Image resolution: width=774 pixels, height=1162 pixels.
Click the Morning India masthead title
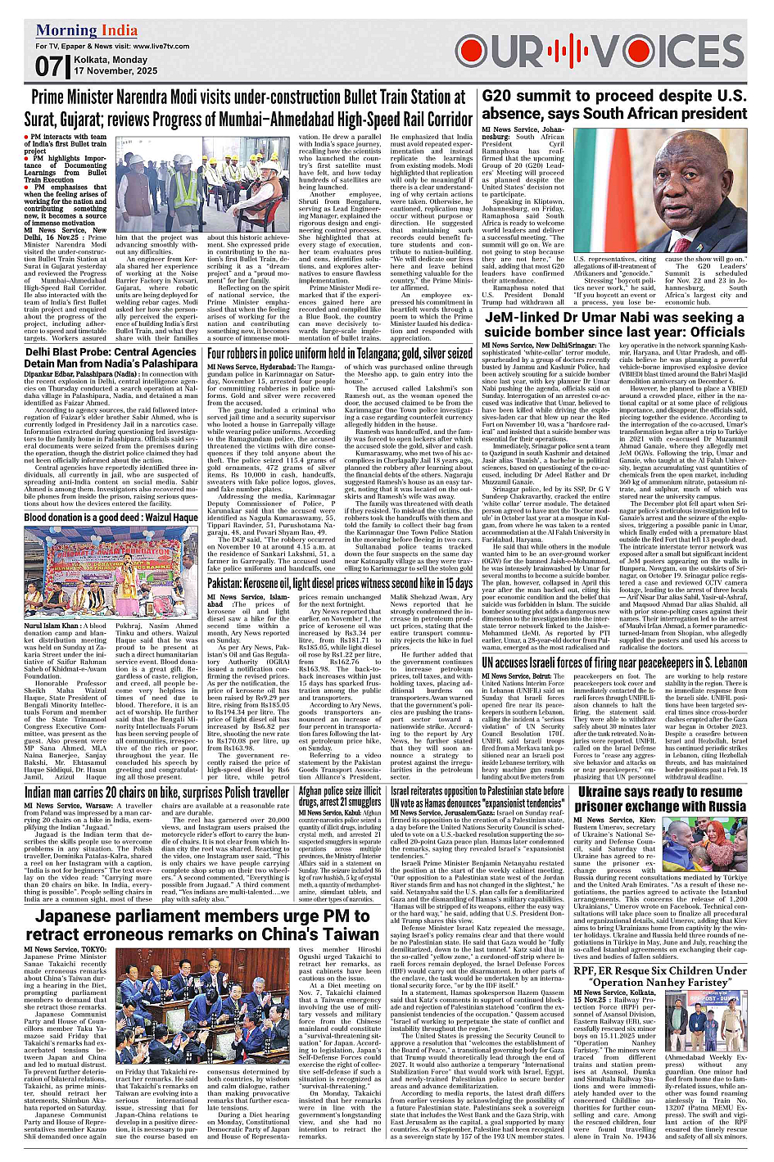pos(87,31)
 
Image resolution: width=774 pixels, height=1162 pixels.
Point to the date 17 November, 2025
pos(115,71)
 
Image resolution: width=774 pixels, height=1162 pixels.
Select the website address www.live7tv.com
pos(162,47)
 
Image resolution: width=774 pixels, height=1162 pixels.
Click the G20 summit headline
pos(614,105)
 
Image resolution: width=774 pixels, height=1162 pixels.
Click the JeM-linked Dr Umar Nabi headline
pos(614,324)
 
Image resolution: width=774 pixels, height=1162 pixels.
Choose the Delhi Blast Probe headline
pos(111,357)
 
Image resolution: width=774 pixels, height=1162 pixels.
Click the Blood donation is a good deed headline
pos(111,518)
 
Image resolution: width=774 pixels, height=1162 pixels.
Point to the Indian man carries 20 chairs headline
pos(156,793)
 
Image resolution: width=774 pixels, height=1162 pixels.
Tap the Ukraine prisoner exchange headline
pos(660,799)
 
